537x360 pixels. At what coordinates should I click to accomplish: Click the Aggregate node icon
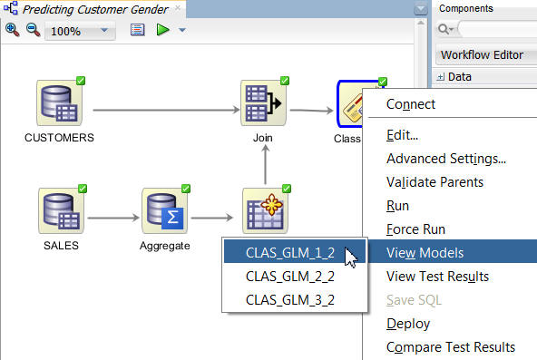[x=164, y=210]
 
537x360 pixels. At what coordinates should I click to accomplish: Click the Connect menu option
[x=411, y=103]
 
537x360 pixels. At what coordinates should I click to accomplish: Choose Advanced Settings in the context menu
[x=445, y=159]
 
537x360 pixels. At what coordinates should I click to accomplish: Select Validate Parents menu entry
[x=434, y=182]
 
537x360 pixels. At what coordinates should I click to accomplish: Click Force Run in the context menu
[x=415, y=229]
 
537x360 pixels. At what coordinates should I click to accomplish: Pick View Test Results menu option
[x=437, y=277]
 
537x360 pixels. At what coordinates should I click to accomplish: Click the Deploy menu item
[x=408, y=324]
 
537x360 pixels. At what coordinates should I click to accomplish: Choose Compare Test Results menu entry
[x=451, y=347]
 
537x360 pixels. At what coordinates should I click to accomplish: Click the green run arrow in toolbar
[x=162, y=30]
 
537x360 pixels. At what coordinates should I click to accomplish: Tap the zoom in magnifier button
[x=13, y=30]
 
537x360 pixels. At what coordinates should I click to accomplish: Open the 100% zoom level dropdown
[x=80, y=31]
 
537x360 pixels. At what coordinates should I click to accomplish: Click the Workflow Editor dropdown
[x=482, y=54]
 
